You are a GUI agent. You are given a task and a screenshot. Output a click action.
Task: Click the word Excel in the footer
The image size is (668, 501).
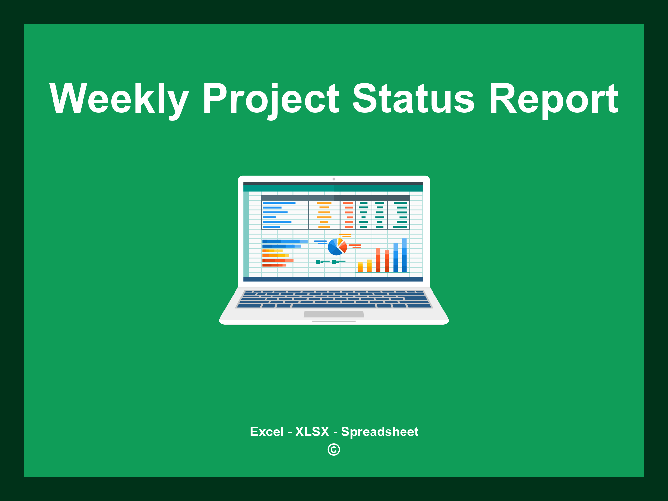pyautogui.click(x=267, y=432)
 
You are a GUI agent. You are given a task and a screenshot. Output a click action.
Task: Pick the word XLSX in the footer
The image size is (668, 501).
pyautogui.click(x=312, y=432)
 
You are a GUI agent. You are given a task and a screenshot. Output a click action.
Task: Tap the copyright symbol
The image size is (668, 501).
pyautogui.click(x=334, y=449)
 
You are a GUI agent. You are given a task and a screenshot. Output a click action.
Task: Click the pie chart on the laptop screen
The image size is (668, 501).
pyautogui.click(x=338, y=247)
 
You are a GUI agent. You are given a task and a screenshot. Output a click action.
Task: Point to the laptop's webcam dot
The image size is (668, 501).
pyautogui.click(x=334, y=179)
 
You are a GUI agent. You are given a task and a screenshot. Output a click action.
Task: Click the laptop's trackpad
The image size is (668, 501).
pyautogui.click(x=334, y=314)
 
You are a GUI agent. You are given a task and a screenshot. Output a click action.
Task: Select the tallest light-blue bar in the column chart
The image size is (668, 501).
pyautogui.click(x=404, y=255)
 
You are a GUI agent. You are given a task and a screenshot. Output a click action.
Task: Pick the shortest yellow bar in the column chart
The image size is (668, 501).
pyautogui.click(x=360, y=266)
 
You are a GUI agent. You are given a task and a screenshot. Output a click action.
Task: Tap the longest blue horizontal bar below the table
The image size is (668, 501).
pyautogui.click(x=285, y=241)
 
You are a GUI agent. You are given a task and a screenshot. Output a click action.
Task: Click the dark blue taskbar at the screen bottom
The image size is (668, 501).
pyautogui.click(x=333, y=279)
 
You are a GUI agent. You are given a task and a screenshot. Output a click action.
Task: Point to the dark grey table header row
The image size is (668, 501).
pyautogui.click(x=336, y=198)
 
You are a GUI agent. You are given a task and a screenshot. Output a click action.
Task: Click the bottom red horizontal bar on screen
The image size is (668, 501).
pyautogui.click(x=274, y=265)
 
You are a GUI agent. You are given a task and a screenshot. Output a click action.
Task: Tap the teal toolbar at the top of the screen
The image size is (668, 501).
pyautogui.click(x=333, y=188)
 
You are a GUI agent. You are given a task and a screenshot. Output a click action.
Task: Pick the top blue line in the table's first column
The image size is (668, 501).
pyautogui.click(x=279, y=203)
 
